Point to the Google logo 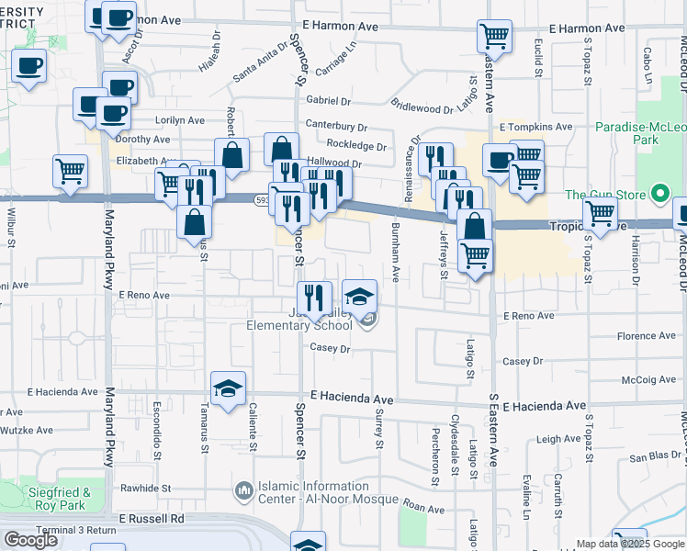click(x=30, y=540)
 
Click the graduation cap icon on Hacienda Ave click(x=228, y=388)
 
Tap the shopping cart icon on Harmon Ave click(x=494, y=37)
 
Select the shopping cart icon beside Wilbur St click(x=71, y=170)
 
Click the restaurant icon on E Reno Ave click(x=315, y=296)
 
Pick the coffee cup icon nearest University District click(x=30, y=67)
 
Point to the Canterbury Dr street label click(x=336, y=128)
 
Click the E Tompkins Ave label click(x=535, y=127)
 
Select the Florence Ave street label click(x=646, y=337)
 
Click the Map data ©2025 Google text click(x=630, y=544)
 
